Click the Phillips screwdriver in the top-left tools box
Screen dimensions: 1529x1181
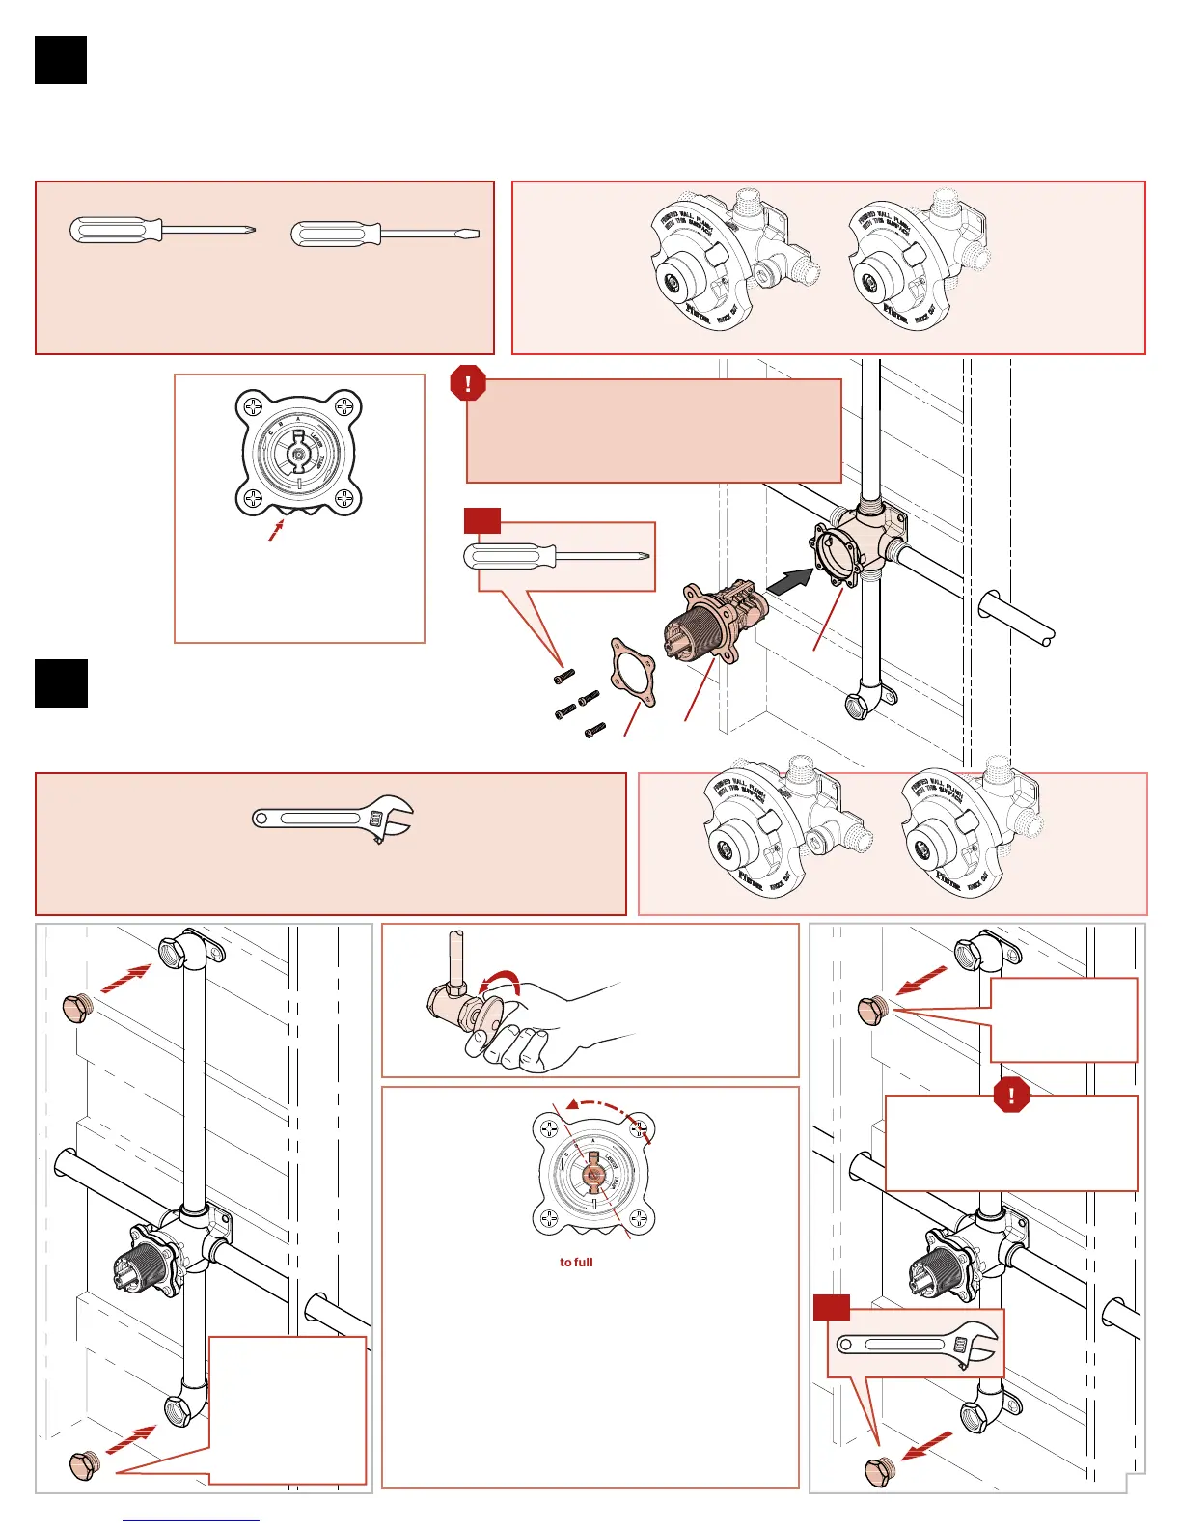[x=162, y=230]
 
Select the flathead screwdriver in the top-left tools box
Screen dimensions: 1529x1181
[x=384, y=234]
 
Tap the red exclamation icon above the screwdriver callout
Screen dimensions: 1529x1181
[x=468, y=383]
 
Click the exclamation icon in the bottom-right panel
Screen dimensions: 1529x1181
[x=1011, y=1095]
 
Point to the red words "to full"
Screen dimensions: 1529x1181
[x=576, y=1262]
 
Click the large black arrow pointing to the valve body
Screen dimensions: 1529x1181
[x=789, y=581]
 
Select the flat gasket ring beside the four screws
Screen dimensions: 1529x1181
[x=632, y=671]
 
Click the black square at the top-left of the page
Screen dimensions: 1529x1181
[x=61, y=60]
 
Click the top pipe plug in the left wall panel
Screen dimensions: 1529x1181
[x=76, y=1009]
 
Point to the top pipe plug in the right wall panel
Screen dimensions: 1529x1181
[x=873, y=1010]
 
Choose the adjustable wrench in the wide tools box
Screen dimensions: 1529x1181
[x=333, y=819]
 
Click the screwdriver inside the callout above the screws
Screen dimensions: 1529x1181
[x=557, y=556]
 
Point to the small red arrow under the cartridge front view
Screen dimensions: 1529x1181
[x=278, y=529]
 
